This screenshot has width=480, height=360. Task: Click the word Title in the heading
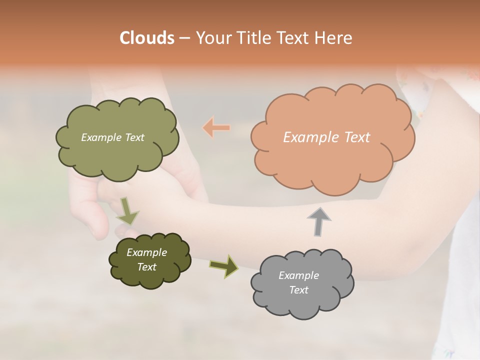[x=254, y=38]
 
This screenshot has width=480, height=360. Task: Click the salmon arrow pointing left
[x=216, y=128]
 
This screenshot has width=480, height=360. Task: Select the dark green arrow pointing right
[x=224, y=265]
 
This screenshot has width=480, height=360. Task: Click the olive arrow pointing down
[x=128, y=211]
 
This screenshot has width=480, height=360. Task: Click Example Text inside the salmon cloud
[x=326, y=137]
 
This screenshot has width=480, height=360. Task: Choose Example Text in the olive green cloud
[x=112, y=137]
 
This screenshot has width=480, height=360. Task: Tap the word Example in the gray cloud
[x=298, y=275]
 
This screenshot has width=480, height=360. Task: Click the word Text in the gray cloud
[x=298, y=290]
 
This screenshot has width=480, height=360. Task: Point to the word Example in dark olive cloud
[x=146, y=252]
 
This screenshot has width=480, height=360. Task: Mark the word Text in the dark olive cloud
[x=146, y=267]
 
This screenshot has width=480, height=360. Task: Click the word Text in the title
[x=293, y=38]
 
